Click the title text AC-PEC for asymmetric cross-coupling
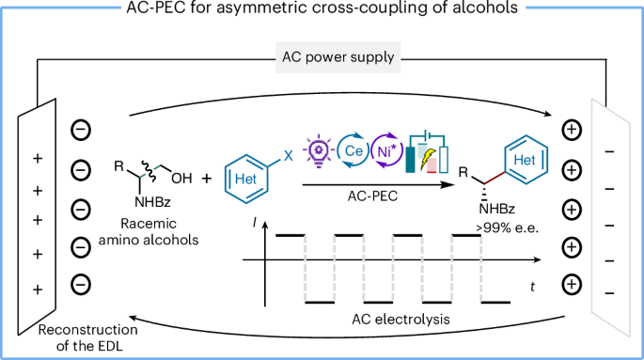click(322, 10)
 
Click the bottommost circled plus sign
click(570, 284)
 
